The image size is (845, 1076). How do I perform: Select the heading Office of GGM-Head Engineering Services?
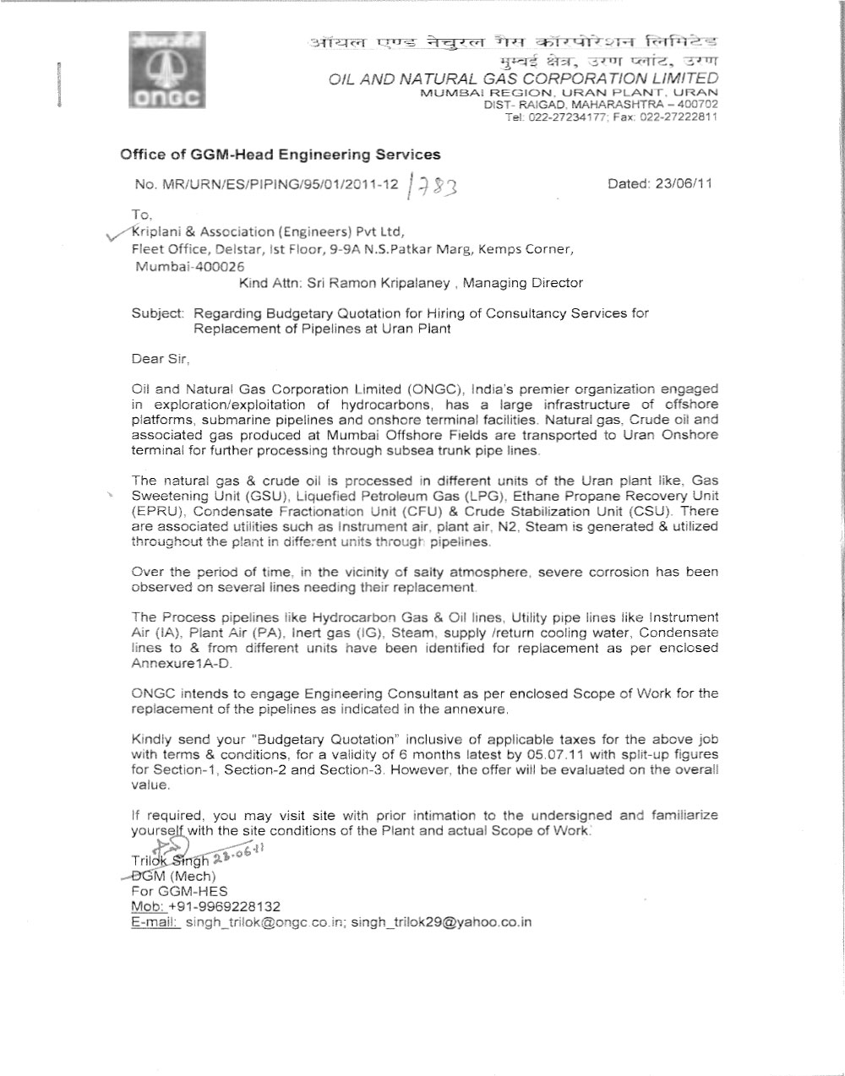click(x=281, y=155)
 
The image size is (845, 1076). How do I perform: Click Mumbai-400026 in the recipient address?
click(x=184, y=266)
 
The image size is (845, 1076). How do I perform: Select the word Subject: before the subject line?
click(x=158, y=313)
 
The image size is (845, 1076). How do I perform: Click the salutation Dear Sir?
click(x=160, y=359)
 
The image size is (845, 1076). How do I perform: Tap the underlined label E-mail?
click(x=155, y=921)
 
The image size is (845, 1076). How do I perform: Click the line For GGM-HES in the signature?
click(x=180, y=891)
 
